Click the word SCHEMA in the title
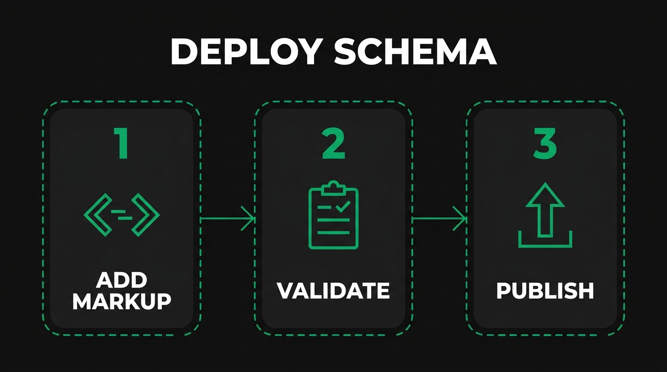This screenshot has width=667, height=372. pyautogui.click(x=416, y=51)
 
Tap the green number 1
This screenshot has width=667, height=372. pyautogui.click(x=121, y=144)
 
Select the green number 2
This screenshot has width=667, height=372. pyautogui.click(x=333, y=144)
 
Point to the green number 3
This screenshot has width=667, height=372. pyautogui.click(x=545, y=144)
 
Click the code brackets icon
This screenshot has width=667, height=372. pyautogui.click(x=122, y=215)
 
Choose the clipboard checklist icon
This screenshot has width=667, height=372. pyautogui.click(x=333, y=215)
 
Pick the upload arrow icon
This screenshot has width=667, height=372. pyautogui.click(x=545, y=216)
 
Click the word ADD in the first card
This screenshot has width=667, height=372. pyautogui.click(x=122, y=280)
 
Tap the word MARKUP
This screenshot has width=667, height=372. pyautogui.click(x=122, y=301)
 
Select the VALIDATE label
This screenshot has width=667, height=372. pyautogui.click(x=333, y=291)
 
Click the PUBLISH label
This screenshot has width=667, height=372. pyautogui.click(x=545, y=291)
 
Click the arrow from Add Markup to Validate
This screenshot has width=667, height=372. pyautogui.click(x=228, y=219)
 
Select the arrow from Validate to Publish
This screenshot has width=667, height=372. pyautogui.click(x=439, y=219)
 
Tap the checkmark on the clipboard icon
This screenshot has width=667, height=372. pyautogui.click(x=343, y=207)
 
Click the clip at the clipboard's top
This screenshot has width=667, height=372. pyautogui.click(x=333, y=187)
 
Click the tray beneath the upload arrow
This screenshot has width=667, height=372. pyautogui.click(x=545, y=242)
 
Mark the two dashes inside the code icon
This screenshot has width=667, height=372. pyautogui.click(x=122, y=215)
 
